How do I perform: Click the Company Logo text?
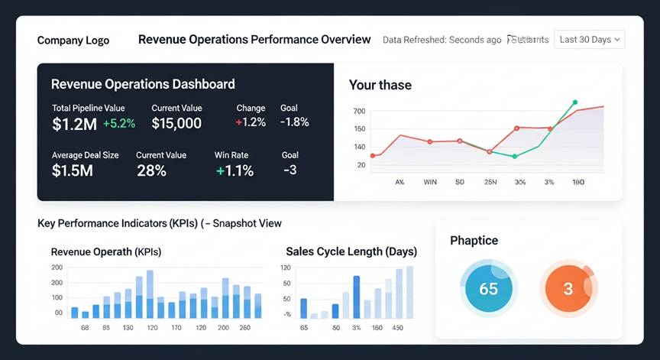73,41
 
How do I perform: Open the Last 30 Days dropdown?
590,40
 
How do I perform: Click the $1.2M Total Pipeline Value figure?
75,123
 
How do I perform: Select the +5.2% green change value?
119,123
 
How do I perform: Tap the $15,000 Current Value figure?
176,123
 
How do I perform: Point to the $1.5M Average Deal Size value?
73,170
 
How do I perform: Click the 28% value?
151,170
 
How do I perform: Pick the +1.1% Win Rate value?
235,170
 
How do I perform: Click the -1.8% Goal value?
294,122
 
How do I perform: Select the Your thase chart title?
380,85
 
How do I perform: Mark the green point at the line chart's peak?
574,102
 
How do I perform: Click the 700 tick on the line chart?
360,112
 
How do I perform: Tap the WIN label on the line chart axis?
430,183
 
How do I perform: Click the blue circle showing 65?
488,289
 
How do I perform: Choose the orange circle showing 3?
568,289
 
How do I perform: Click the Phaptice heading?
474,240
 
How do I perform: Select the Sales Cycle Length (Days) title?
351,251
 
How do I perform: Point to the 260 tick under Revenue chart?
244,328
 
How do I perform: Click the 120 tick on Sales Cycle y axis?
286,268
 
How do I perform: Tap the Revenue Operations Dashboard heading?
143,84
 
